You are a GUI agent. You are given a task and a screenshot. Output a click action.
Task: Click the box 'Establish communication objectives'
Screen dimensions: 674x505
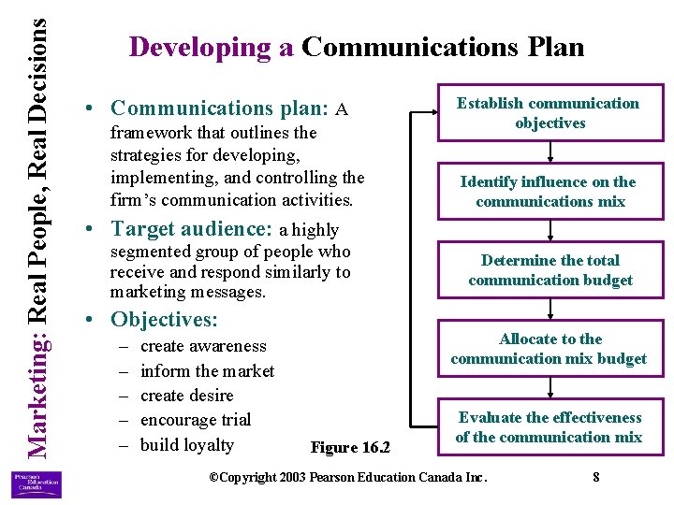549,113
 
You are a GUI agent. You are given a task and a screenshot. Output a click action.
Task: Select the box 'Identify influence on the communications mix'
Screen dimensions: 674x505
549,192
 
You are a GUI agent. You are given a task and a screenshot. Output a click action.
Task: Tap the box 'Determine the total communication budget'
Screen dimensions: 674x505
549,270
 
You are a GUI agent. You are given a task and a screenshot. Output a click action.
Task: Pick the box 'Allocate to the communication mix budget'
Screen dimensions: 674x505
549,349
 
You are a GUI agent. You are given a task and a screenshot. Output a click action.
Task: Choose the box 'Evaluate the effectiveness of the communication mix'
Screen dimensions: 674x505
549,427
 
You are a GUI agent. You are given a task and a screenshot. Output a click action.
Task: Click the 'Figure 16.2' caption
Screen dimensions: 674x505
350,448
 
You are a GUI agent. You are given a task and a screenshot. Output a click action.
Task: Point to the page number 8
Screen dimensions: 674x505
596,478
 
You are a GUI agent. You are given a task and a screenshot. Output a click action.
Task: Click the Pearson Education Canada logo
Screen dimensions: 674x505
37,483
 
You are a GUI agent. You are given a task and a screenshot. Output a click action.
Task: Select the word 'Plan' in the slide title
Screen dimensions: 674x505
551,47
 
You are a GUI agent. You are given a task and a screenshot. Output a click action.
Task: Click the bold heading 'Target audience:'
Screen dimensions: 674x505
191,229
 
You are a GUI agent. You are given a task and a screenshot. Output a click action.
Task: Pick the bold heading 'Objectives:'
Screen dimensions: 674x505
164,320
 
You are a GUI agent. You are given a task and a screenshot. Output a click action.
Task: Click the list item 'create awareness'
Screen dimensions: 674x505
203,347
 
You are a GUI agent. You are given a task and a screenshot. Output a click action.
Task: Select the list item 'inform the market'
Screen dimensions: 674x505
207,371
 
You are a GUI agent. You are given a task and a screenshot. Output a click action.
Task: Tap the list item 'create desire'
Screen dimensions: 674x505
186,396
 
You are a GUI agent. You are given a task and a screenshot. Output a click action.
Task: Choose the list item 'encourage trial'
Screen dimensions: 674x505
196,420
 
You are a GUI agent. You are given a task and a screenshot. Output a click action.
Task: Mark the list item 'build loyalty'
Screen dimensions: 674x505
186,444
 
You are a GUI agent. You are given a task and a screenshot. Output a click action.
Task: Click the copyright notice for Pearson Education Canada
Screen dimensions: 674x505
347,478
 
